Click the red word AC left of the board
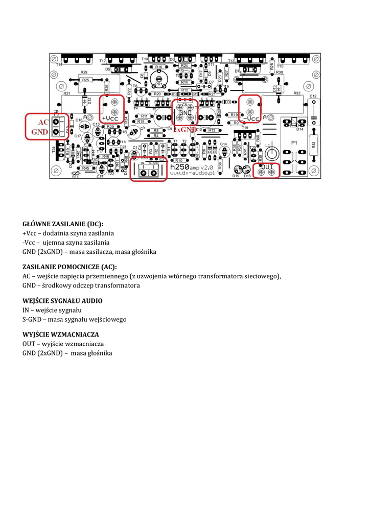43,123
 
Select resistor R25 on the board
85,80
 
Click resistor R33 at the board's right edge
313,145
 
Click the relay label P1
295,142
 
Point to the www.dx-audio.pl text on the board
192,173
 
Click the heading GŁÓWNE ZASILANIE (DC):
63,224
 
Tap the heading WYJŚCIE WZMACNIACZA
60,335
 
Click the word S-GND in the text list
32,319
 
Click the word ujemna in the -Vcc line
54,243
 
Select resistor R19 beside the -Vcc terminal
235,115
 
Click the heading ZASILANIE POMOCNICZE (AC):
70,267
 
